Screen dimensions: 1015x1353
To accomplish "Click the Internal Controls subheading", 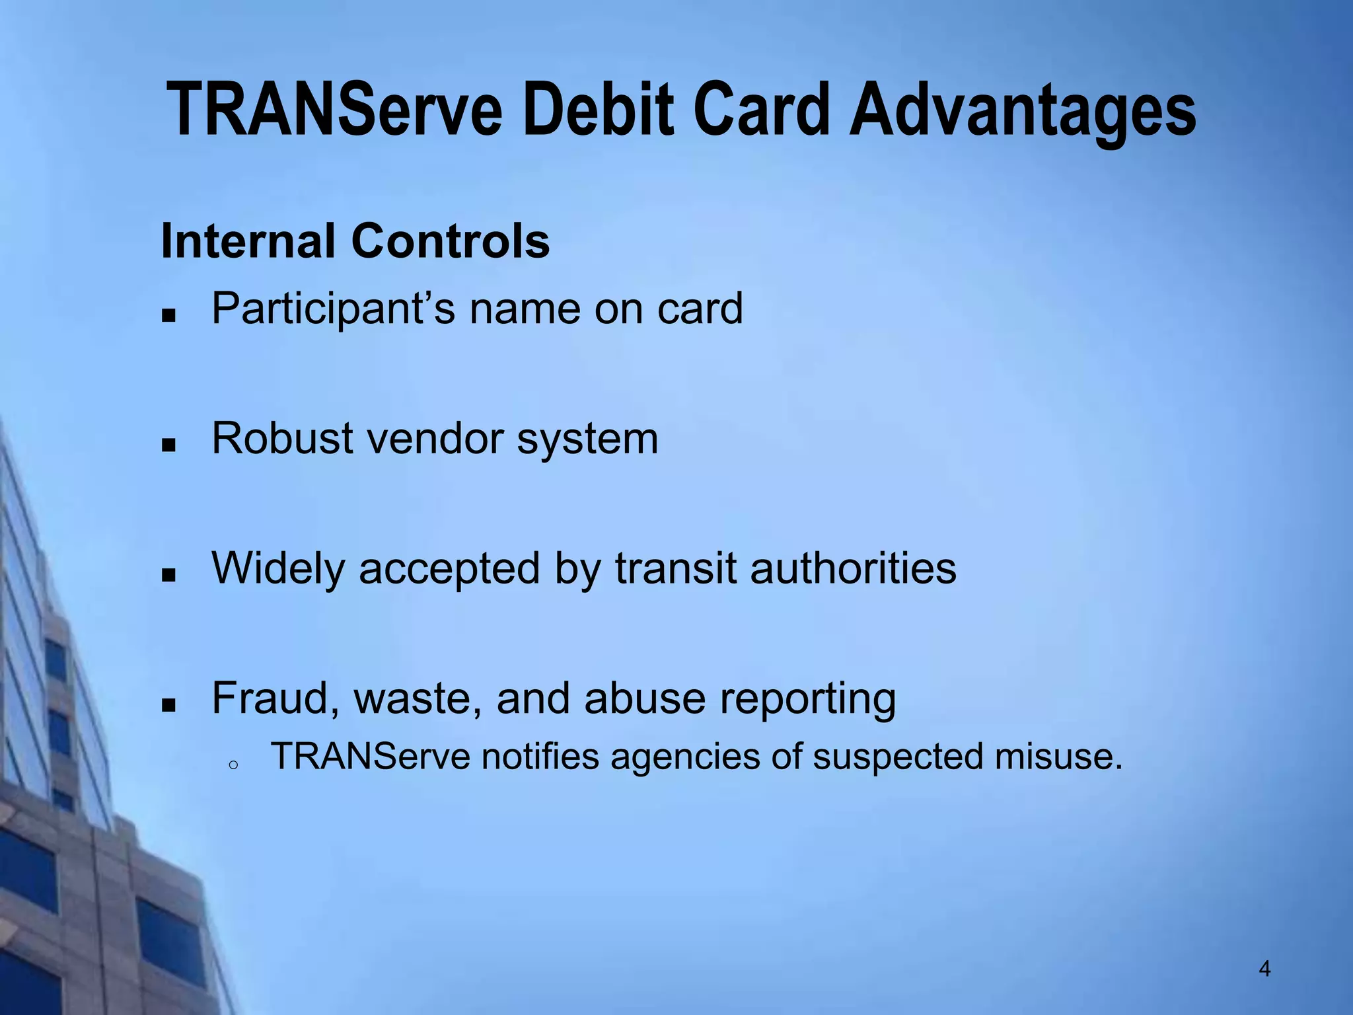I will click(355, 241).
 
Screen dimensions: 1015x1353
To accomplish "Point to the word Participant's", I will click(333, 309).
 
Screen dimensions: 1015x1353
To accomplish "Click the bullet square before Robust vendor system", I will click(169, 445).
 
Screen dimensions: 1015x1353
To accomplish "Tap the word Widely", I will click(277, 569).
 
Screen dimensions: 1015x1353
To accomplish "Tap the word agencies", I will click(684, 757).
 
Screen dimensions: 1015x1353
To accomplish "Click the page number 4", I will click(1264, 969).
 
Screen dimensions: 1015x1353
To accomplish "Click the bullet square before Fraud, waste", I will click(169, 705).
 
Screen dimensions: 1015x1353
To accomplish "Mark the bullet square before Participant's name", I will click(169, 315).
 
